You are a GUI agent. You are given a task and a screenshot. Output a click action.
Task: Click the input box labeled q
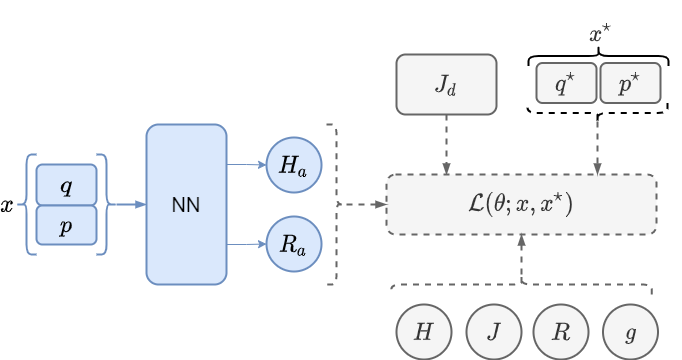click(66, 185)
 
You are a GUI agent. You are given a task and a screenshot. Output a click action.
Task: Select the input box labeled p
click(66, 225)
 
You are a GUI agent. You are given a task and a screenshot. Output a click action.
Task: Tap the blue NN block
click(186, 204)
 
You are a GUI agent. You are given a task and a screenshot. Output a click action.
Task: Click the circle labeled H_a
click(293, 165)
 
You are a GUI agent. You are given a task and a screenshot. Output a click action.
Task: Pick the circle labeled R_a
click(293, 244)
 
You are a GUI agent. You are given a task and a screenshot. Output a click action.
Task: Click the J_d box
click(446, 84)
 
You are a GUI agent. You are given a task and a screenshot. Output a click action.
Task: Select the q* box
click(566, 84)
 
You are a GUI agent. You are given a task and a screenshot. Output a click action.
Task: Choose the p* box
click(630, 84)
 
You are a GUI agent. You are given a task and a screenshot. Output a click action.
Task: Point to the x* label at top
click(599, 35)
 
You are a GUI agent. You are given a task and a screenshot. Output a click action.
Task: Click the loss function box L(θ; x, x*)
click(521, 204)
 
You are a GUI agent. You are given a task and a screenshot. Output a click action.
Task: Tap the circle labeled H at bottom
click(424, 332)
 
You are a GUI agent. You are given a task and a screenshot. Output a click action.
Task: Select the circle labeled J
click(493, 332)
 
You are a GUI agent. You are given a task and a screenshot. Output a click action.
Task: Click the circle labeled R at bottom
click(561, 332)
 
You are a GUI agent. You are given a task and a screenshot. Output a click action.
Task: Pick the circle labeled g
click(630, 332)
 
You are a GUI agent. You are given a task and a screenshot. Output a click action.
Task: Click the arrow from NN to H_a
click(246, 164)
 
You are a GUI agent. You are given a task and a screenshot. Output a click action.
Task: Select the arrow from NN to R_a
click(246, 244)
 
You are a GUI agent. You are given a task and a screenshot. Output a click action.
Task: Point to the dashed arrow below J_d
click(446, 144)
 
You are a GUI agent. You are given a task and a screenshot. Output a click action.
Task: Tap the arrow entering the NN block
click(126, 204)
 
